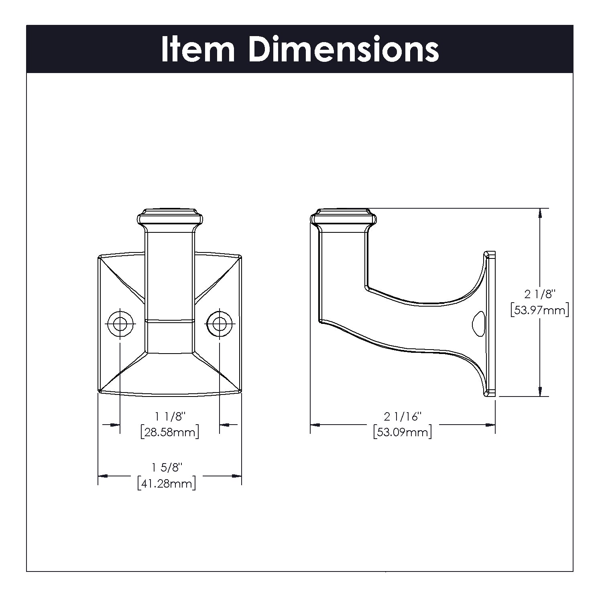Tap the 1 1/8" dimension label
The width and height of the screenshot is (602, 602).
pyautogui.click(x=170, y=417)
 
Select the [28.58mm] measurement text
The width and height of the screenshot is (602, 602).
pyautogui.click(x=170, y=432)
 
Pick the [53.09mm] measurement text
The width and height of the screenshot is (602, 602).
pyautogui.click(x=403, y=432)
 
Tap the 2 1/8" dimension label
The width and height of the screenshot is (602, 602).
pyautogui.click(x=539, y=294)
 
